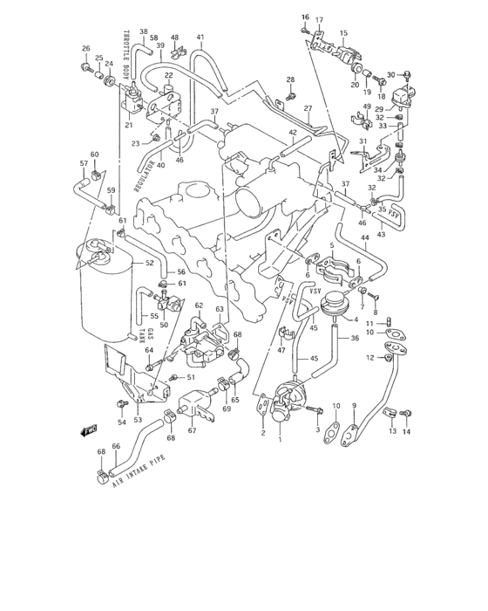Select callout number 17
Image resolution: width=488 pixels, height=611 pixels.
coord(319,20)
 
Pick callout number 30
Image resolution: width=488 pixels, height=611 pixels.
coord(391,75)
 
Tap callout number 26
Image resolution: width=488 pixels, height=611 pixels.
coord(85,48)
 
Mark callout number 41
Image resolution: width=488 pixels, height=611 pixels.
coord(200,37)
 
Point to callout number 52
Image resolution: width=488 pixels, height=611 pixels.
coord(149,263)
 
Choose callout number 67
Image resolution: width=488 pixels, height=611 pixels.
coord(192,429)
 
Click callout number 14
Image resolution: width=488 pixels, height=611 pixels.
coord(405,431)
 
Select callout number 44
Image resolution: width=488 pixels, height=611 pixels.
coord(365,237)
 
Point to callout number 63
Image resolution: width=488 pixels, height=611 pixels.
coord(220,309)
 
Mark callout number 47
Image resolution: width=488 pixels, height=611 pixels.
coord(281,350)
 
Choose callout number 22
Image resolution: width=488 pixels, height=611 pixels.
coord(169,76)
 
